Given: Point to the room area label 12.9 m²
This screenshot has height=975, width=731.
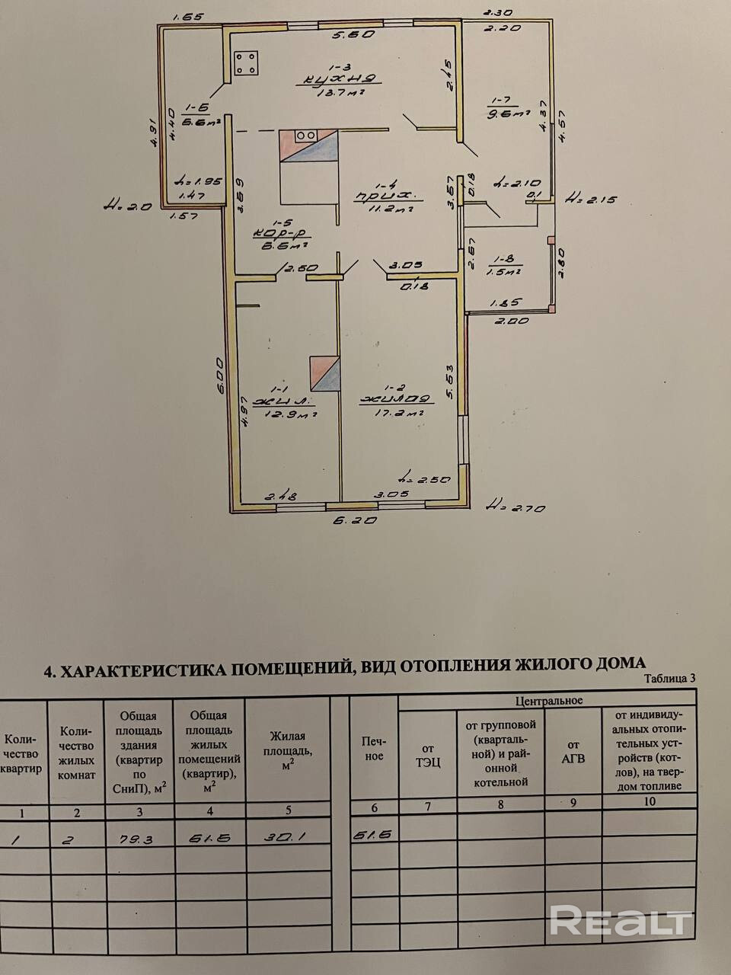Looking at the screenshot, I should point(291,414).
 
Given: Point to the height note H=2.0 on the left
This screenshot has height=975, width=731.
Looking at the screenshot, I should point(128,204).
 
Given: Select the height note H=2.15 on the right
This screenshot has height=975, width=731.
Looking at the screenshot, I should point(591,200).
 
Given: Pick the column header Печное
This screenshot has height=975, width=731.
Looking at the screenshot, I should point(373,748).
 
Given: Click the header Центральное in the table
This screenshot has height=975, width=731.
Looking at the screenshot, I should point(548,699).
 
